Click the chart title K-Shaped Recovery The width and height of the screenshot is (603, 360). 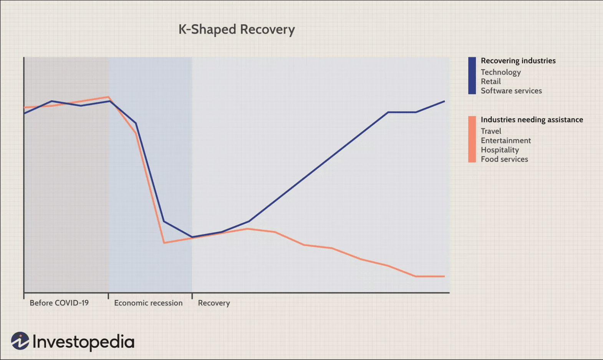[x=237, y=30]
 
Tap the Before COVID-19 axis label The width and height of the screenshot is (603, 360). [x=59, y=303]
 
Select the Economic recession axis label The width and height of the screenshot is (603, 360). [x=148, y=303]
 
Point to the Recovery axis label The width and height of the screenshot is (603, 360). [x=214, y=303]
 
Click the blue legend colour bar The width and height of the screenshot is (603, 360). [x=472, y=76]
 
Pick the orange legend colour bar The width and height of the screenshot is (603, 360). [x=472, y=139]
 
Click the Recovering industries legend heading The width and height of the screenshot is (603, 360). [x=518, y=61]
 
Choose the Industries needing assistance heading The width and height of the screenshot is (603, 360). [x=532, y=120]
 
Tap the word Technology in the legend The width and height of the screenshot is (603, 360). [x=501, y=72]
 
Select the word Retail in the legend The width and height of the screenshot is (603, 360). [x=491, y=81]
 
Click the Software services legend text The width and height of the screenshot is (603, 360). [x=511, y=91]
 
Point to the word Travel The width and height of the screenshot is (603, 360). [x=491, y=131]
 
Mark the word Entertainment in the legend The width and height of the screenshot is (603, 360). [x=506, y=140]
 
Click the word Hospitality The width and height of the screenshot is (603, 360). [x=500, y=150]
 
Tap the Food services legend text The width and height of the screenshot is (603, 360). [x=504, y=159]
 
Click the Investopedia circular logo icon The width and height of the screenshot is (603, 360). [x=20, y=341]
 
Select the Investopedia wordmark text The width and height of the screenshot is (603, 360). [x=83, y=342]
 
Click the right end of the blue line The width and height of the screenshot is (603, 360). [x=444, y=101]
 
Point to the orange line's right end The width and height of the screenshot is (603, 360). [x=444, y=276]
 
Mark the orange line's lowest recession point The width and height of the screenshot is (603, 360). [x=164, y=243]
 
